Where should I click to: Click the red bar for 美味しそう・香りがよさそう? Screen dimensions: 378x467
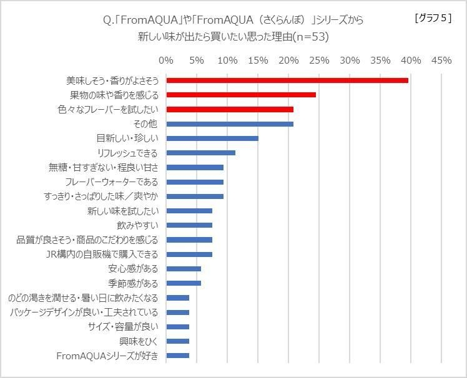coord(287,80)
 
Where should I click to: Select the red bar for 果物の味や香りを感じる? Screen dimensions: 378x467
coord(241,95)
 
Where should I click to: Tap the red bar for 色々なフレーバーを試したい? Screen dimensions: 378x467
coord(230,109)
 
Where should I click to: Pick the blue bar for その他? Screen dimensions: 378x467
coord(230,124)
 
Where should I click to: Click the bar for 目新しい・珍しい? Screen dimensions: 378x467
coord(212,138)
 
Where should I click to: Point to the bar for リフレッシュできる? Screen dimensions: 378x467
coord(201,153)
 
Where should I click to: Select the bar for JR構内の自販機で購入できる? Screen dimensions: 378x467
coord(189,254)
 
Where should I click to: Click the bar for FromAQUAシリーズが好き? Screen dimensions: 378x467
coord(178,356)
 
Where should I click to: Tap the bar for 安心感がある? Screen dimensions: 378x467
coord(184,269)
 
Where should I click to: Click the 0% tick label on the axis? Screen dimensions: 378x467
coord(166,61)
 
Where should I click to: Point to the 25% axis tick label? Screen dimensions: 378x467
coord(319,61)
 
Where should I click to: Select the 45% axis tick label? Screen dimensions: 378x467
coord(441,61)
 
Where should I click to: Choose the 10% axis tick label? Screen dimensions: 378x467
coord(227,61)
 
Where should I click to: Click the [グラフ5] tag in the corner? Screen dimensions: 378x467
coord(433,18)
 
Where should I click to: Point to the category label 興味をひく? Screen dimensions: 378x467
coord(139,341)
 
